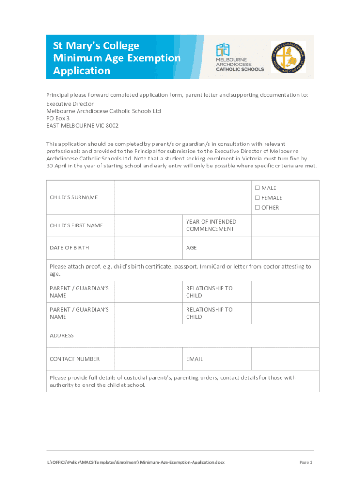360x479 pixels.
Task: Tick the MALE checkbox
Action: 257,188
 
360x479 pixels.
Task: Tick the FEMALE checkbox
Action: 257,198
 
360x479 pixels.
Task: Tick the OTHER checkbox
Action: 257,208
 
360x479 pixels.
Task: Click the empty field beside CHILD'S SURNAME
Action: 183,197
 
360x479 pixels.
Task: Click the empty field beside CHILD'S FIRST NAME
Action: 148,225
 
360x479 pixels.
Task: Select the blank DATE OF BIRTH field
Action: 148,247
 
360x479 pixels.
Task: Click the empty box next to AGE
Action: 285,247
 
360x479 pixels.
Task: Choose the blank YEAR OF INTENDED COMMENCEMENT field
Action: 285,225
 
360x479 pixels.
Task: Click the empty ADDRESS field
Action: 216,335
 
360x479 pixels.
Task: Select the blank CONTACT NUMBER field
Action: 148,359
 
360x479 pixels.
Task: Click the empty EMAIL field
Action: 285,359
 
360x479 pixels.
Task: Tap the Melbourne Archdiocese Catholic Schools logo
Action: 239,57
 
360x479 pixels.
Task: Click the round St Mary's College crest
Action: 288,57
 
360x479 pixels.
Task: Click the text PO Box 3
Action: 58,118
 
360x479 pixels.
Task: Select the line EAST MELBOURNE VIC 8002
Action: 82,126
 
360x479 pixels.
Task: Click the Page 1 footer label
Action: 305,462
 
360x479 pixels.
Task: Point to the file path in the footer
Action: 136,462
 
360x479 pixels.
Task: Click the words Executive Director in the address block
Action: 70,104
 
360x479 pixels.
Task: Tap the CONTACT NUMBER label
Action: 75,359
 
